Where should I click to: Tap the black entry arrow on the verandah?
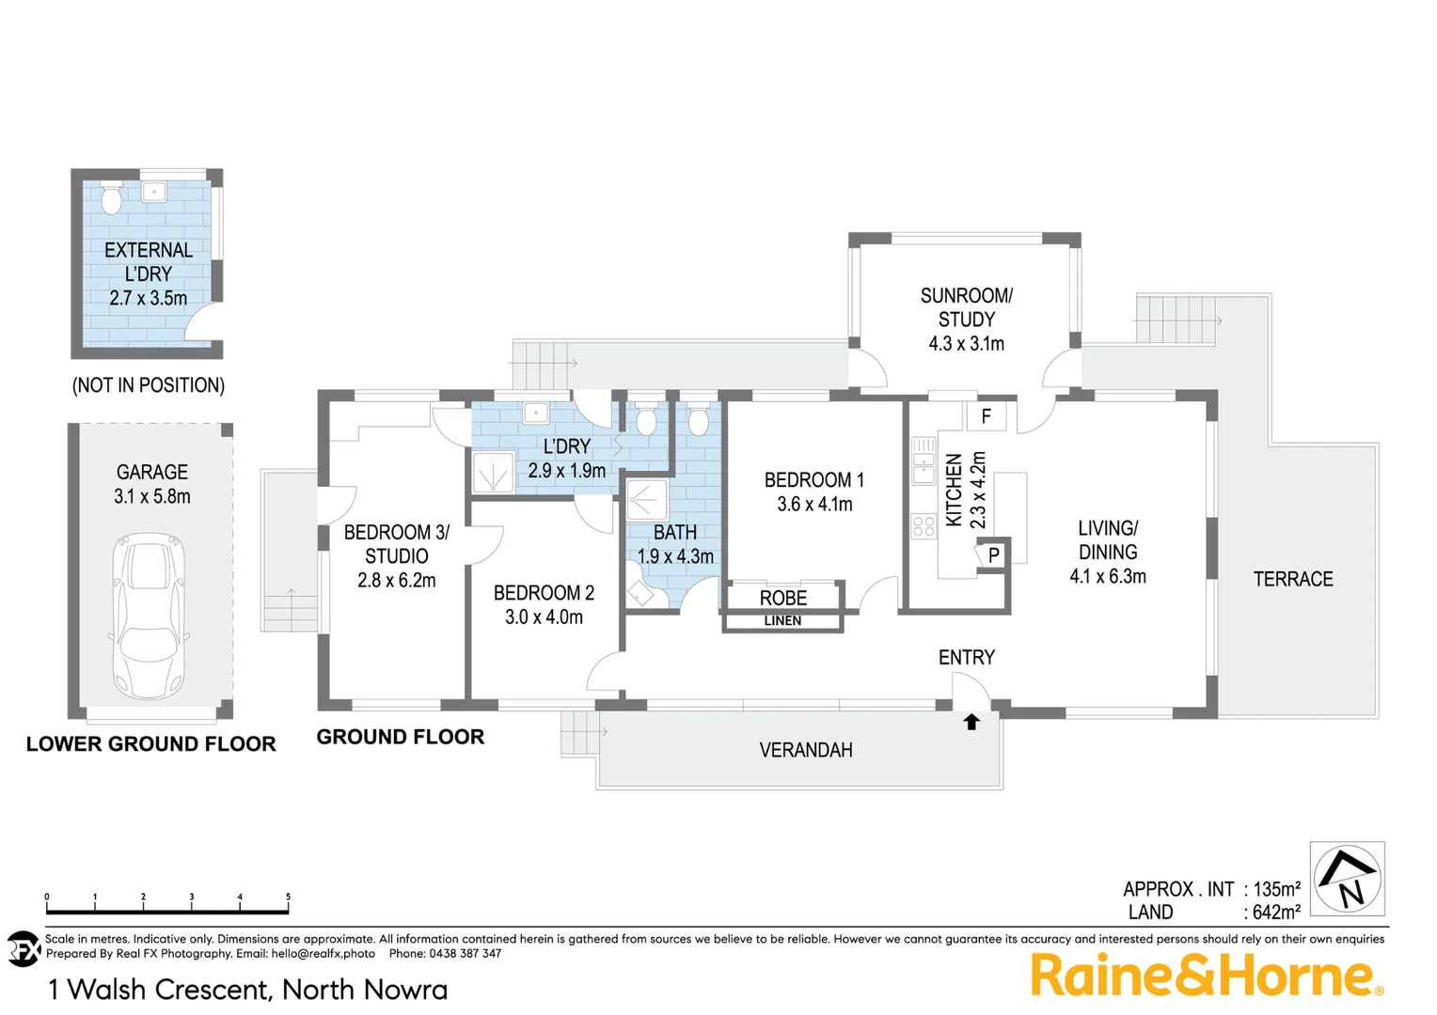tap(971, 722)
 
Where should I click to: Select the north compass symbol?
tap(1347, 879)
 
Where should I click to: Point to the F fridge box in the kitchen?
tap(986, 416)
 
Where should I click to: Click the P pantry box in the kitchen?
tap(993, 555)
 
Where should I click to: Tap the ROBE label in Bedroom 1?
tap(782, 599)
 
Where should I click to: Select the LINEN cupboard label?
tap(782, 621)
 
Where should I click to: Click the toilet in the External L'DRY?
tap(111, 198)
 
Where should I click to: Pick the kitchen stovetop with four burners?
tap(924, 526)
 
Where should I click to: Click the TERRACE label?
tap(1293, 580)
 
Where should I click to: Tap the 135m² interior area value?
tap(1276, 889)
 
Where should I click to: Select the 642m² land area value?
tap(1276, 913)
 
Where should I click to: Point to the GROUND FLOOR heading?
tap(400, 738)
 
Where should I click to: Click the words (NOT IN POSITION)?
tap(149, 385)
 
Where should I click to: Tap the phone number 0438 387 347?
tap(465, 954)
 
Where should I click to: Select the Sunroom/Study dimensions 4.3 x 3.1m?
tap(966, 344)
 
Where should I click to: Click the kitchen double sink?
tap(924, 461)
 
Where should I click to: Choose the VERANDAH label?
tap(806, 751)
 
